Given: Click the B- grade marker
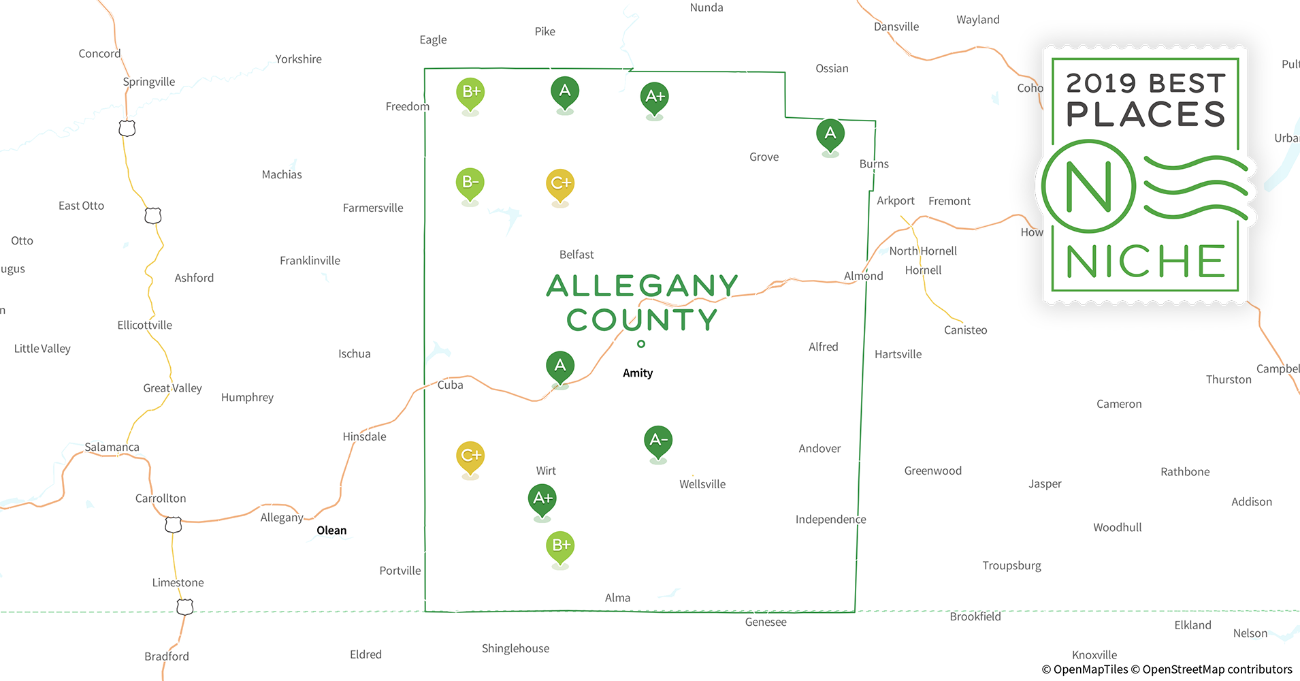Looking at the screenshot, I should (x=470, y=183).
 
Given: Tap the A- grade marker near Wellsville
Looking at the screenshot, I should (x=657, y=440).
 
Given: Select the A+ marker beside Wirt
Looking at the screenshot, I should (x=542, y=498).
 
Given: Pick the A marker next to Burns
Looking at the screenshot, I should (x=830, y=133).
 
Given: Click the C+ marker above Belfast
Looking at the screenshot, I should (x=560, y=183).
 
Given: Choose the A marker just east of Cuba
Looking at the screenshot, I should (x=560, y=366).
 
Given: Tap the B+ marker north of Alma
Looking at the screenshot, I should (x=560, y=545).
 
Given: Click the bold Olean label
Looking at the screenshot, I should (x=331, y=530).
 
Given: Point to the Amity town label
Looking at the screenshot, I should (x=638, y=373).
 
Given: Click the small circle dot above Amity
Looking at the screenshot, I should (x=641, y=344).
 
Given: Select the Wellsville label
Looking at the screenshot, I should (x=702, y=484).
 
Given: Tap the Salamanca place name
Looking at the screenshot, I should (x=112, y=447).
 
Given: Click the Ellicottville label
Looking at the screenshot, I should (x=144, y=326).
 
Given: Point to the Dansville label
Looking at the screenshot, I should (x=896, y=27).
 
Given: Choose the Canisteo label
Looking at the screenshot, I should (x=965, y=330).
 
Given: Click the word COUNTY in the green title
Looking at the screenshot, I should (x=642, y=320).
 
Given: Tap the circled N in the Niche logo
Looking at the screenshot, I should (x=1088, y=186).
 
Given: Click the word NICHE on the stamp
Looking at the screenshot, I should (x=1145, y=262).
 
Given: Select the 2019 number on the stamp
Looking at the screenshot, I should (x=1101, y=84).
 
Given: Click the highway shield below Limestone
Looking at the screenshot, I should (x=185, y=607).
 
